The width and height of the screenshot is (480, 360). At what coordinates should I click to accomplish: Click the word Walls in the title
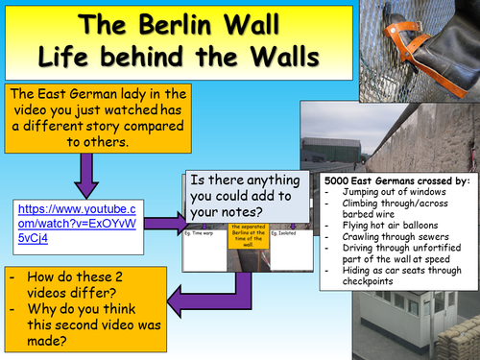[x=272, y=56]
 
